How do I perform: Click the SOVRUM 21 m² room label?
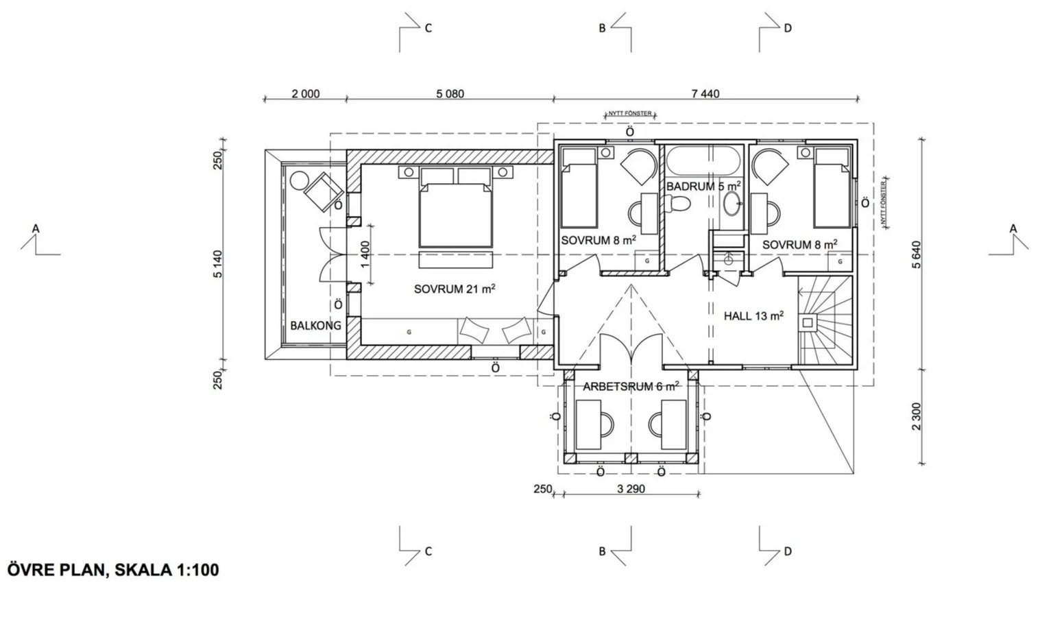(x=454, y=289)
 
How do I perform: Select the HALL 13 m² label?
(x=753, y=316)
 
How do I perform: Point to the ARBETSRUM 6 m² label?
(x=631, y=387)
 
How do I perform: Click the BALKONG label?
(x=315, y=326)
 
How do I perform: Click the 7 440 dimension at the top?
(x=705, y=94)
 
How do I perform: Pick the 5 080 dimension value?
(x=450, y=94)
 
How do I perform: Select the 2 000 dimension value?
(x=305, y=94)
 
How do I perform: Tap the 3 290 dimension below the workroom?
(x=631, y=490)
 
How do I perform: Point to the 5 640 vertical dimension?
(x=917, y=254)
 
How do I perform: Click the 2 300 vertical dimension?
(x=917, y=417)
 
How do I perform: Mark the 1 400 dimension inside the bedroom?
(x=365, y=254)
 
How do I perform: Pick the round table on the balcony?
(x=300, y=181)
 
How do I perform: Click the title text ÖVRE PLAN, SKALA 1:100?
(x=113, y=570)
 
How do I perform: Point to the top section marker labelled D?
(x=787, y=29)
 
